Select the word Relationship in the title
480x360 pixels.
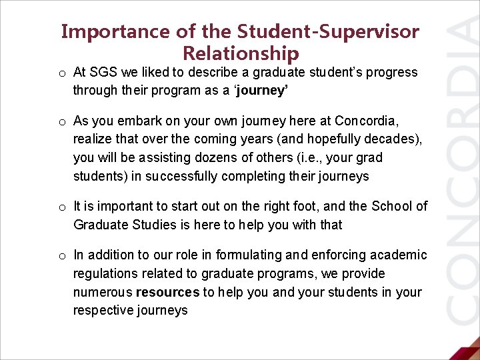click(x=240, y=53)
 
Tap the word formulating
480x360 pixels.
click(x=247, y=255)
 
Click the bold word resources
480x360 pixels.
click(x=167, y=292)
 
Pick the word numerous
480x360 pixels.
click(x=102, y=292)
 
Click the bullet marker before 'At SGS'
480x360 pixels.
click(x=61, y=73)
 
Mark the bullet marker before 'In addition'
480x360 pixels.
click(x=61, y=255)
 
